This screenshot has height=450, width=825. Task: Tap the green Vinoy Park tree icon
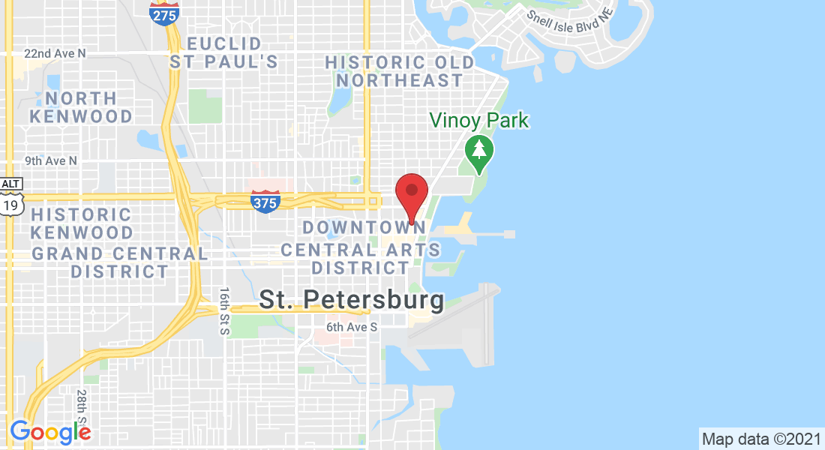pos(478,149)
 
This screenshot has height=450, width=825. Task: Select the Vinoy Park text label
pos(478,120)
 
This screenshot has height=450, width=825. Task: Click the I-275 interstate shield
pos(163,12)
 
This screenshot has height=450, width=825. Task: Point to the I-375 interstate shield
pos(265,200)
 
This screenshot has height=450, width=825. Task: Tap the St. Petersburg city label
pos(351,301)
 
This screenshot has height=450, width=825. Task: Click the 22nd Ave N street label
pos(55,53)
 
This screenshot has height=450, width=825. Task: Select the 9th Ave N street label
pos(50,160)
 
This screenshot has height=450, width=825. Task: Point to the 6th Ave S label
pos(351,327)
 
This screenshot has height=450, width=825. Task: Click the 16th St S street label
pos(223,310)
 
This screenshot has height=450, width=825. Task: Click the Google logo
pos(50,431)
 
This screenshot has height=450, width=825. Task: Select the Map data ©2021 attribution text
pos(760,438)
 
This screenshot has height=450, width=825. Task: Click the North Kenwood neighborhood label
pos(82,107)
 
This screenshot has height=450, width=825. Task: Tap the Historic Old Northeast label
pos(400,71)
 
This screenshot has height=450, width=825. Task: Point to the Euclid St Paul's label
pos(223,52)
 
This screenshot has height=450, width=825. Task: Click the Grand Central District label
pos(120,262)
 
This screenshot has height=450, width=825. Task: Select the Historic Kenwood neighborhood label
pos(82,223)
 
